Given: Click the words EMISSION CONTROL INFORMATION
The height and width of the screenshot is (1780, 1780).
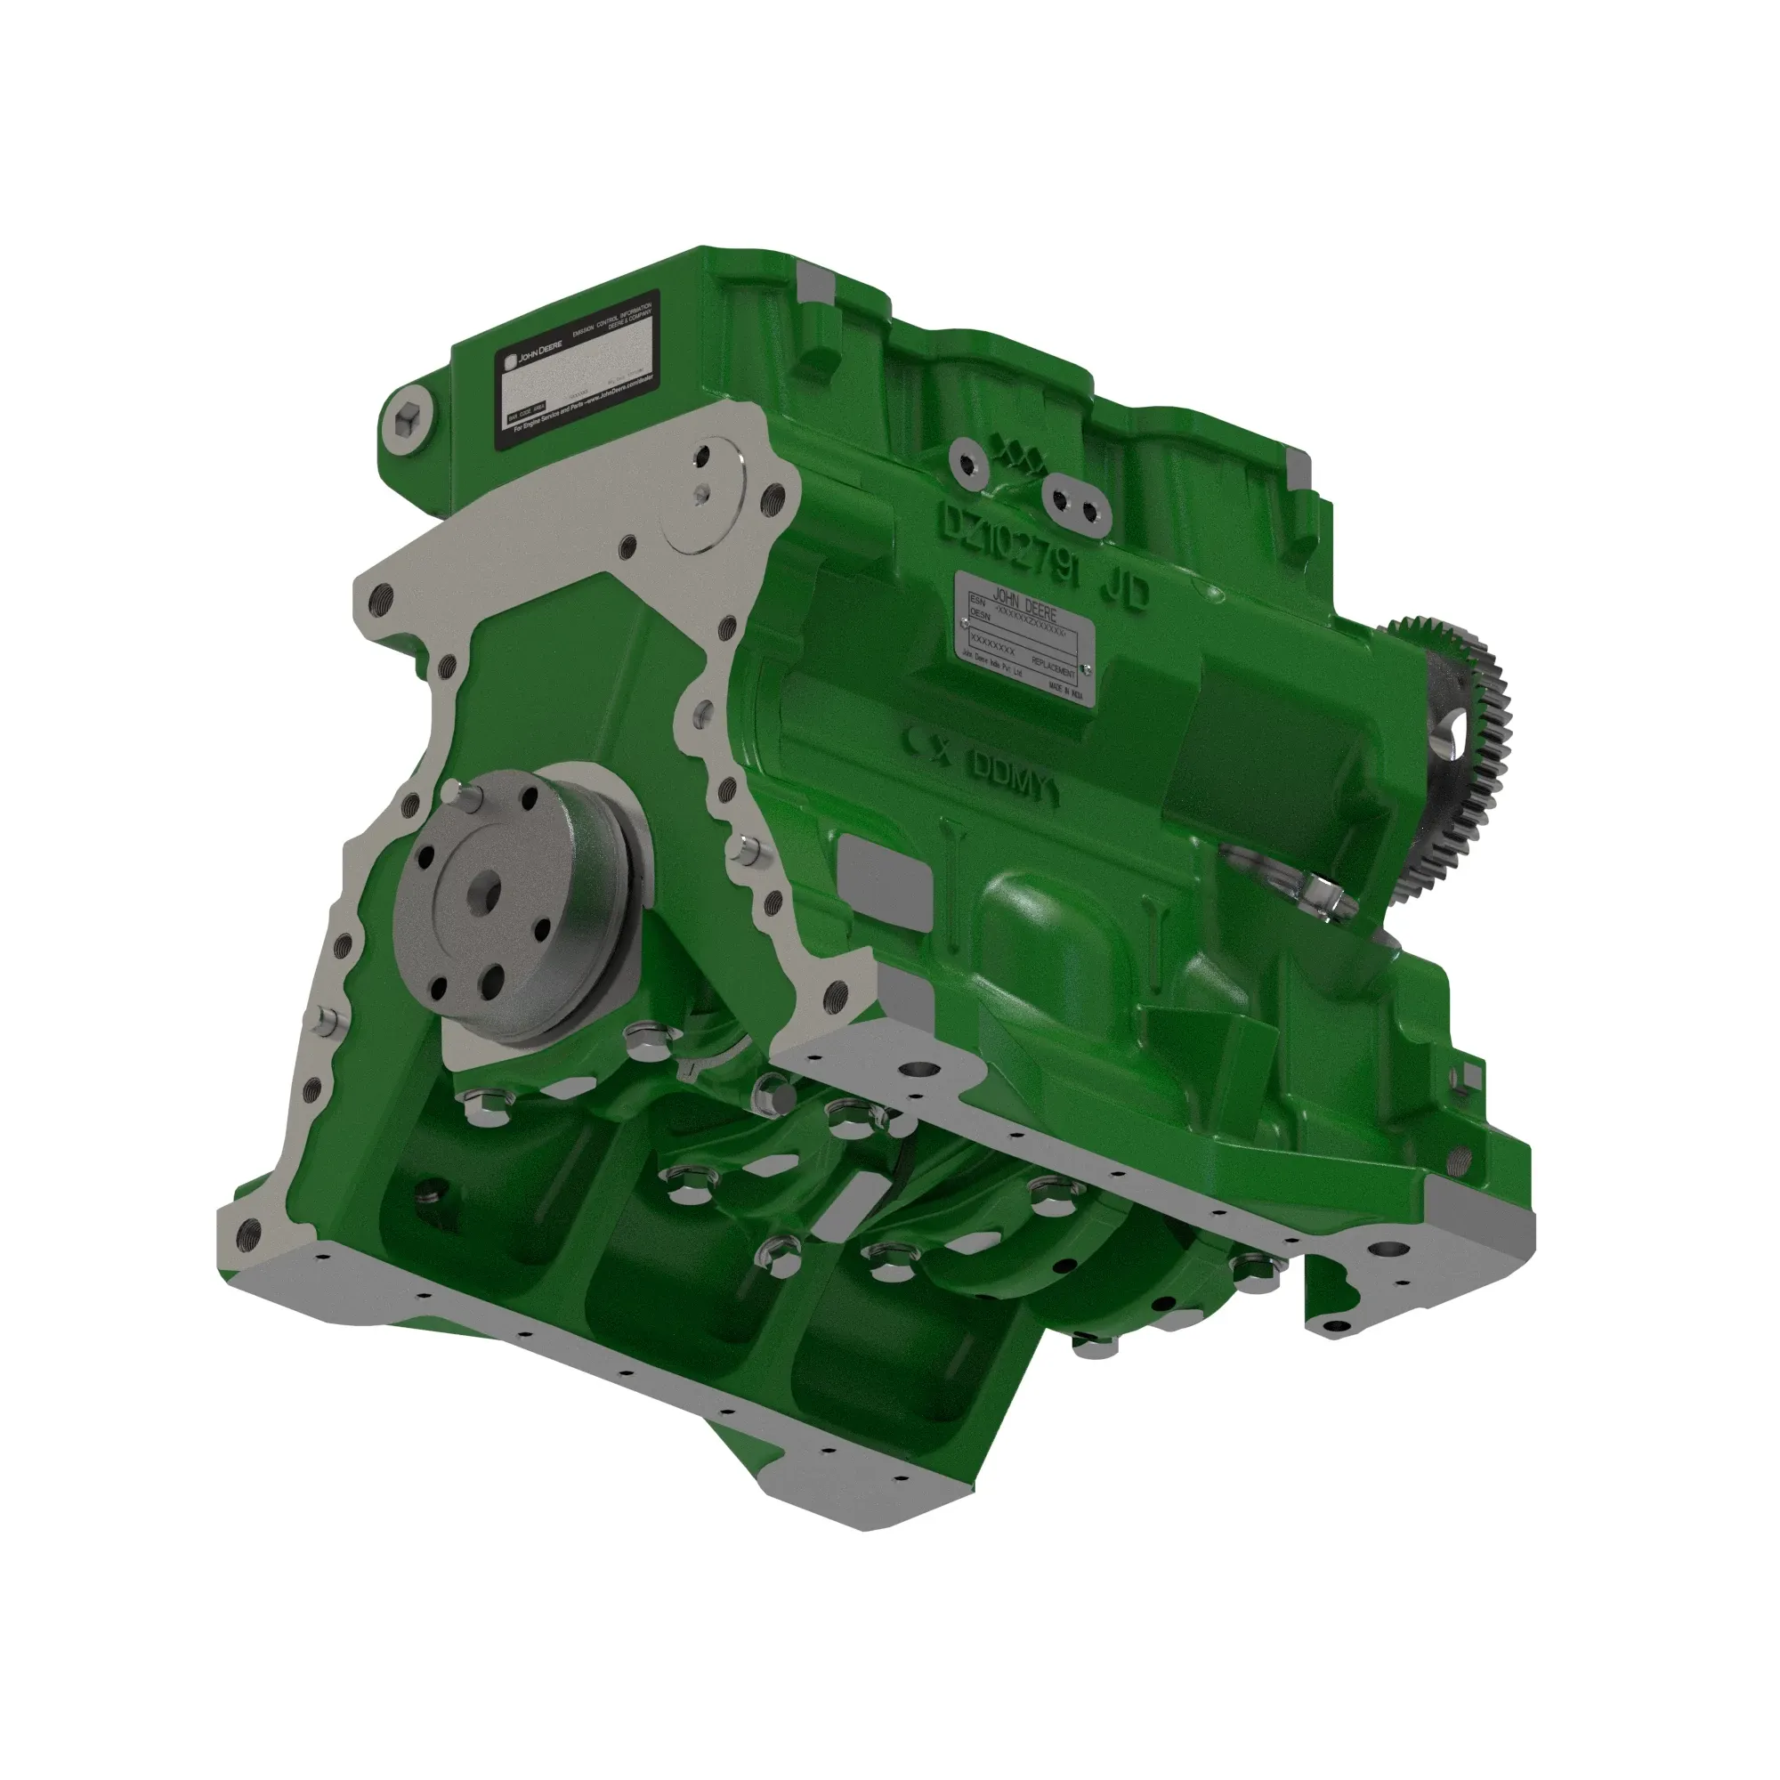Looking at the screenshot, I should click(611, 316).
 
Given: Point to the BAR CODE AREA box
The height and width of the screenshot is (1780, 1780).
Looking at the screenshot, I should click(527, 411).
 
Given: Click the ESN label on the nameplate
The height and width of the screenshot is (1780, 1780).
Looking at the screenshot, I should click(977, 600).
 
